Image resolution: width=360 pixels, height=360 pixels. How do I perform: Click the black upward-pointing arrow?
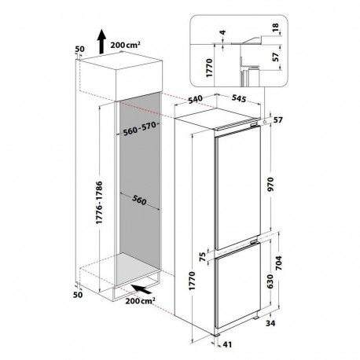point(101,42)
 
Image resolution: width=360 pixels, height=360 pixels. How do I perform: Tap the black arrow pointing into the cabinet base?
point(141,289)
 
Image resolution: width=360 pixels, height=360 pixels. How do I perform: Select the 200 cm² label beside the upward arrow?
point(125,45)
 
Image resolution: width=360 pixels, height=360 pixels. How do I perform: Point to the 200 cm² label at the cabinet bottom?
point(140,301)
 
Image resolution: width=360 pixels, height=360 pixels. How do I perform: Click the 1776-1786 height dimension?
point(100,202)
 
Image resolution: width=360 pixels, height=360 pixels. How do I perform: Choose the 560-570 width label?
point(140,129)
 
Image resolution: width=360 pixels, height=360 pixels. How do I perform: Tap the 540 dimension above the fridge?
point(196,100)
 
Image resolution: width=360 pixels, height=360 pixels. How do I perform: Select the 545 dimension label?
point(239,98)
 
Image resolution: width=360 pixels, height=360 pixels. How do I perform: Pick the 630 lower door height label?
point(270,281)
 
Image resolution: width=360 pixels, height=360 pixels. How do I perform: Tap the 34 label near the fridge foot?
point(270,323)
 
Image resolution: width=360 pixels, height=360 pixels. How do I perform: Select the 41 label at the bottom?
point(227,344)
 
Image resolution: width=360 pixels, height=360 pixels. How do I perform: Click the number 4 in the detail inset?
point(222,32)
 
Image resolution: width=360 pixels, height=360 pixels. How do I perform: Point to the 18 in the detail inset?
point(276,28)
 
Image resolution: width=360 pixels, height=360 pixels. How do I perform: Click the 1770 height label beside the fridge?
point(193,281)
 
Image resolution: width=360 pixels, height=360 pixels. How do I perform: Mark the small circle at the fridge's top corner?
point(265,122)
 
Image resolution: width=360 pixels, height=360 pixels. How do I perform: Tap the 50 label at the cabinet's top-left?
point(80,49)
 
